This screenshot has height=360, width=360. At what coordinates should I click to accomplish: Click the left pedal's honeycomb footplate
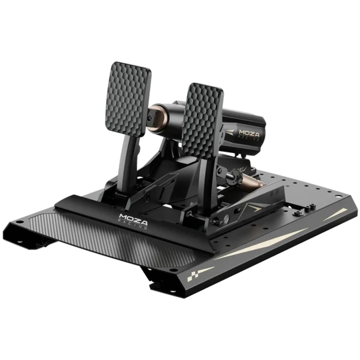(x=128, y=99)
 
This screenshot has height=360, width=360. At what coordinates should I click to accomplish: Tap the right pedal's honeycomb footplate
(x=202, y=121)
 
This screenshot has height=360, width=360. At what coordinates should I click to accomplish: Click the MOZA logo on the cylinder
(x=249, y=134)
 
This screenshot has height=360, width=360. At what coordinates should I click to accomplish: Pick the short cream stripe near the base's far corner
(x=335, y=215)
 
